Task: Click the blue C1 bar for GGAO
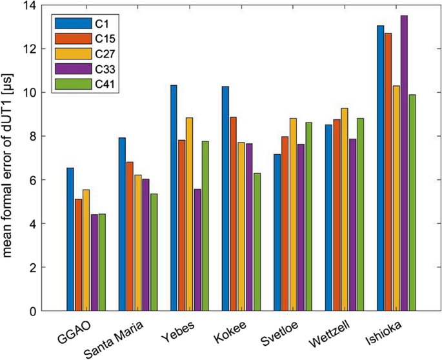70,239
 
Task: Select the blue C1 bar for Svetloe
277,232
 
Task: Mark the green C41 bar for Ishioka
412,203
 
